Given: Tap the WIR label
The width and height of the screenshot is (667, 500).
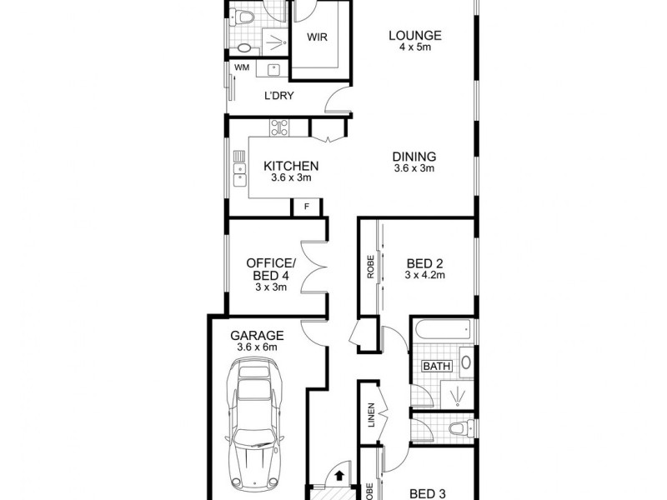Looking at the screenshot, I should [316, 37].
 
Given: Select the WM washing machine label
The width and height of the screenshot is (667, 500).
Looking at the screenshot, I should [242, 67].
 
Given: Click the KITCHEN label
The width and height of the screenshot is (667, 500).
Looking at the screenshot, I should [291, 166].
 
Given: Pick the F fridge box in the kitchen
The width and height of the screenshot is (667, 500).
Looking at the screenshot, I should [306, 205].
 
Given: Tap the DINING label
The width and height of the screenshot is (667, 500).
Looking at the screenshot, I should [415, 156].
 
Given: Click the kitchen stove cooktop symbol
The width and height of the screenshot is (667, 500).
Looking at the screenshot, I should [278, 127].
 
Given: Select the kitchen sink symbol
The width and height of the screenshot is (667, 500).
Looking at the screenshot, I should [240, 173].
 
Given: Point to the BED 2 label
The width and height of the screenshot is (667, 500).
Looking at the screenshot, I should [426, 262].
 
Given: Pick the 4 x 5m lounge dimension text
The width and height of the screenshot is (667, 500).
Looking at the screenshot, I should [414, 47].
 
